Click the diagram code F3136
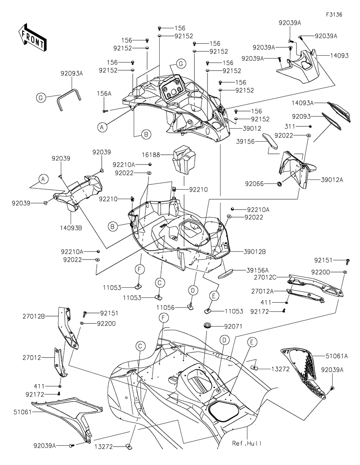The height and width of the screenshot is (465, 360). pos(334,15)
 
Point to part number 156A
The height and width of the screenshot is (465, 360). pos(105,94)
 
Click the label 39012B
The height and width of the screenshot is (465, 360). pos(255,251)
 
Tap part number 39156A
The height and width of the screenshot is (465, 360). pos(257,270)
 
